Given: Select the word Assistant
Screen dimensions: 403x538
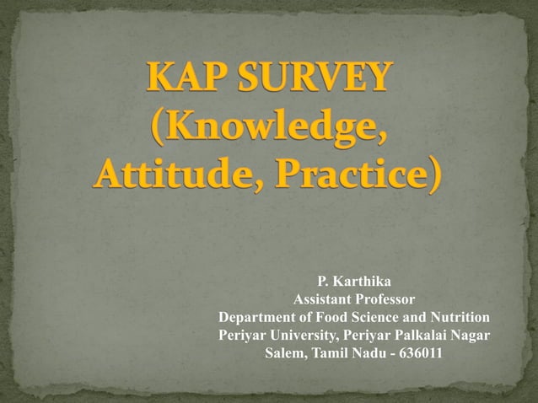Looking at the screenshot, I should click(x=322, y=299).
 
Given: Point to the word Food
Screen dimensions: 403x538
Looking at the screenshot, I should click(x=325, y=317).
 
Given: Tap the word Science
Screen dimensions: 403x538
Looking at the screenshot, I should click(x=372, y=317).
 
